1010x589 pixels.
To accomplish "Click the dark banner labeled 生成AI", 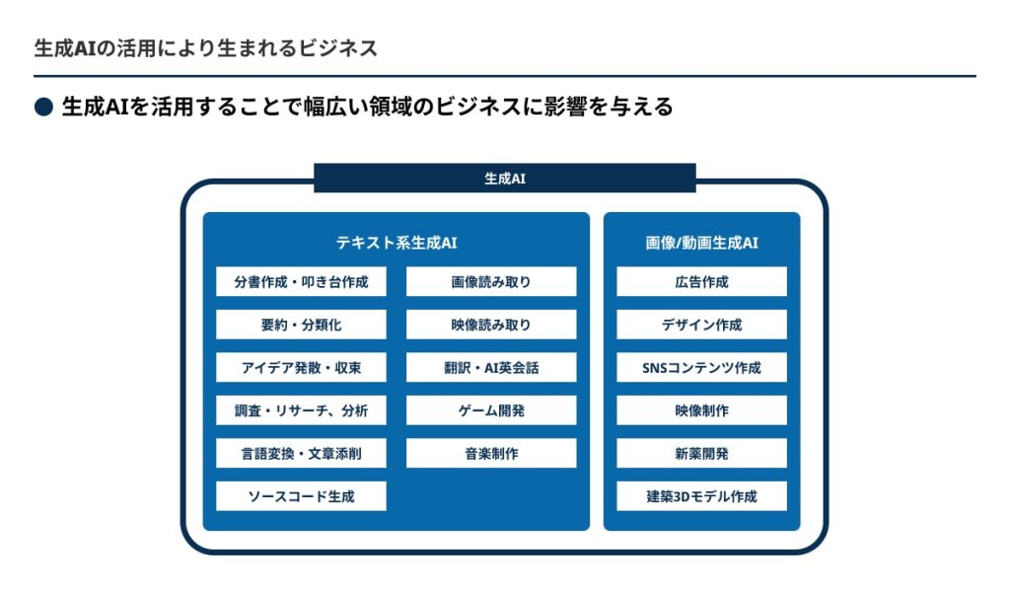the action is tap(504, 178).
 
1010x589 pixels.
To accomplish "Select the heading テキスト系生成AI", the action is tap(397, 243).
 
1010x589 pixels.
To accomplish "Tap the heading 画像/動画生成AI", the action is tap(701, 243).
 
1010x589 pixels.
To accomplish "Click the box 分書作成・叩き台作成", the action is tap(301, 281).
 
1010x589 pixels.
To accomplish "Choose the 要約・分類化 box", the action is tap(301, 325).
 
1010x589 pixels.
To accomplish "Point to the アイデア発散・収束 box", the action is tap(301, 367).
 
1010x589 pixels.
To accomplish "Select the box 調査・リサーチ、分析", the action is tap(301, 410).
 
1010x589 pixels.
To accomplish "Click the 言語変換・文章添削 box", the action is tap(301, 454).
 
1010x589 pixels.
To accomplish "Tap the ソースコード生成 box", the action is tap(301, 496).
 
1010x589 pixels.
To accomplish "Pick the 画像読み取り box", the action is tap(491, 281).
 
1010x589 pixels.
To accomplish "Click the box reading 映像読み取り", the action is tap(491, 325).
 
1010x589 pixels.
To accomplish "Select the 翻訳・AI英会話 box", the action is tap(491, 367).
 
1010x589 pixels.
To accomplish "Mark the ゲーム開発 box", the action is tap(491, 410).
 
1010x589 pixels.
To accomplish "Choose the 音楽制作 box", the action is tap(491, 454).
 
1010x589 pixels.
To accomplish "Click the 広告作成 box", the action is tap(701, 281).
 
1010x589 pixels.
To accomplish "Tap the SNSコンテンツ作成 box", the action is tap(701, 367).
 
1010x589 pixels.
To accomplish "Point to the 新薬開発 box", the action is tap(701, 454).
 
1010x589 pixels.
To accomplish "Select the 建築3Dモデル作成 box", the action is tap(701, 496).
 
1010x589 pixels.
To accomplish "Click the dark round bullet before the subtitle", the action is tap(43, 107).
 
